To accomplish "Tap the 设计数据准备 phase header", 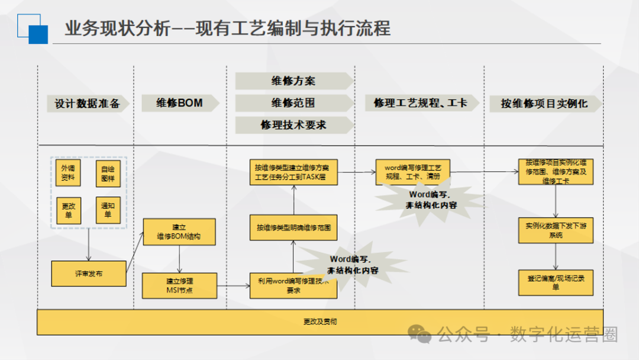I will pyautogui.click(x=87, y=104).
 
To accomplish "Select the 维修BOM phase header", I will pyautogui.click(x=179, y=103).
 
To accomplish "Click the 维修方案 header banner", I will pyautogui.click(x=293, y=81).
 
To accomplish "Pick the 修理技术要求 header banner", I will pyautogui.click(x=293, y=125).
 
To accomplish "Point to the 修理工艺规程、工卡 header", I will pyautogui.click(x=420, y=103).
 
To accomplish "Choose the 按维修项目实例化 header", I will pyautogui.click(x=544, y=104).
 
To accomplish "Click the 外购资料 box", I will pyautogui.click(x=69, y=172).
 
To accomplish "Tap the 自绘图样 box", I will pyautogui.click(x=108, y=172).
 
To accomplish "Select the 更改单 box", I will pyautogui.click(x=69, y=210).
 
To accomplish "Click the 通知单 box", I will pyautogui.click(x=108, y=210).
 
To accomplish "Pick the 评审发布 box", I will pyautogui.click(x=89, y=274).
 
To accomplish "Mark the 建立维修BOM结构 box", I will pyautogui.click(x=179, y=232).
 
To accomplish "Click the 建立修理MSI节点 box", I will pyautogui.click(x=179, y=285).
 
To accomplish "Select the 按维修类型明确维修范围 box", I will pyautogui.click(x=293, y=227).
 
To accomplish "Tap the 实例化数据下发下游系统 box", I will pyautogui.click(x=556, y=230).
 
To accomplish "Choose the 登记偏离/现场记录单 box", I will pyautogui.click(x=556, y=282).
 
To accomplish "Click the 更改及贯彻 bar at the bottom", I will pyautogui.click(x=320, y=322).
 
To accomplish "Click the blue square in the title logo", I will pyautogui.click(x=38, y=34).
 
